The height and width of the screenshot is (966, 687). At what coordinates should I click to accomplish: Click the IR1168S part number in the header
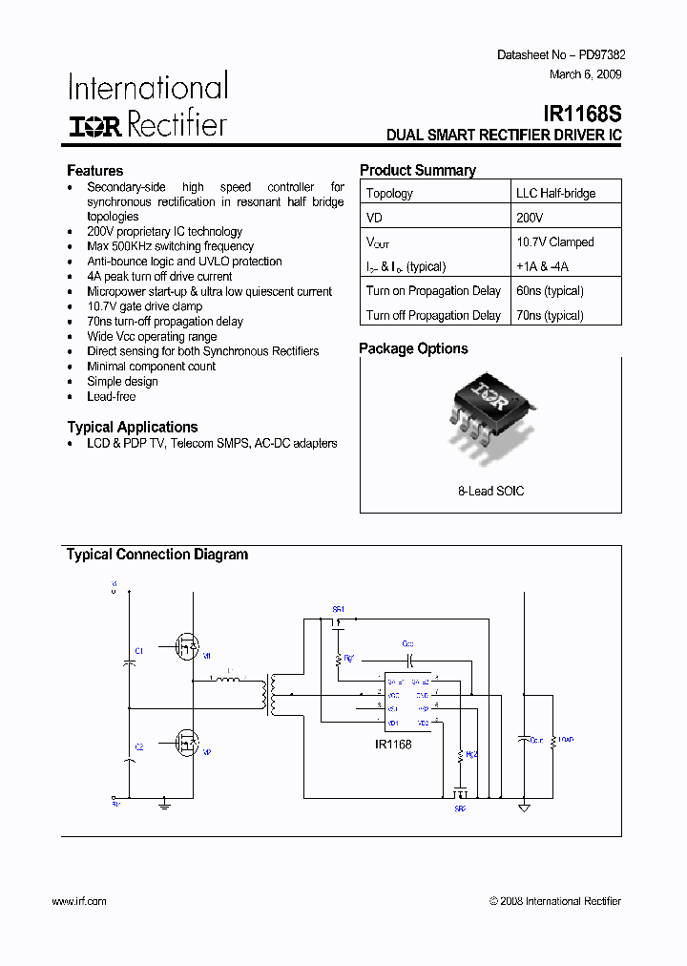[x=585, y=114]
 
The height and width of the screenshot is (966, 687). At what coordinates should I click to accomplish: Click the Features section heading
[x=94, y=171]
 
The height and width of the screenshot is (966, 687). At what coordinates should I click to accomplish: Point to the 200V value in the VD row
[x=530, y=218]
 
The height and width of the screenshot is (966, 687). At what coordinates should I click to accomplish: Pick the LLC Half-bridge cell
[x=555, y=193]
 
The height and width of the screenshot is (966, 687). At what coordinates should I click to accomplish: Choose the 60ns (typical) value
[x=550, y=291]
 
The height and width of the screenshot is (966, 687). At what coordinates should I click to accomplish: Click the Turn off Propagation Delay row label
[x=433, y=315]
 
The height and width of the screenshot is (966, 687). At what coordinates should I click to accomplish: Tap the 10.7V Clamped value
[x=554, y=242]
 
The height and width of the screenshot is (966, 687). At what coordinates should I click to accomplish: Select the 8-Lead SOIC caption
[x=490, y=491]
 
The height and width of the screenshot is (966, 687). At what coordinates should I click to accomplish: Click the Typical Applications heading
[x=133, y=427]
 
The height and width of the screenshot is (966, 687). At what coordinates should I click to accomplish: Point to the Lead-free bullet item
[x=112, y=396]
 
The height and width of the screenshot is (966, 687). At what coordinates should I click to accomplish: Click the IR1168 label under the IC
[x=393, y=745]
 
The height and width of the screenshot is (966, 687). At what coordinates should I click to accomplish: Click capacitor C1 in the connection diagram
[x=130, y=659]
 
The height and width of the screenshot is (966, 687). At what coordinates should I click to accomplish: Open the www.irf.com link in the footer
[x=78, y=901]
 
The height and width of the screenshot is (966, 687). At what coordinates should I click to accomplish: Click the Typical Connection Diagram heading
[x=156, y=555]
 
